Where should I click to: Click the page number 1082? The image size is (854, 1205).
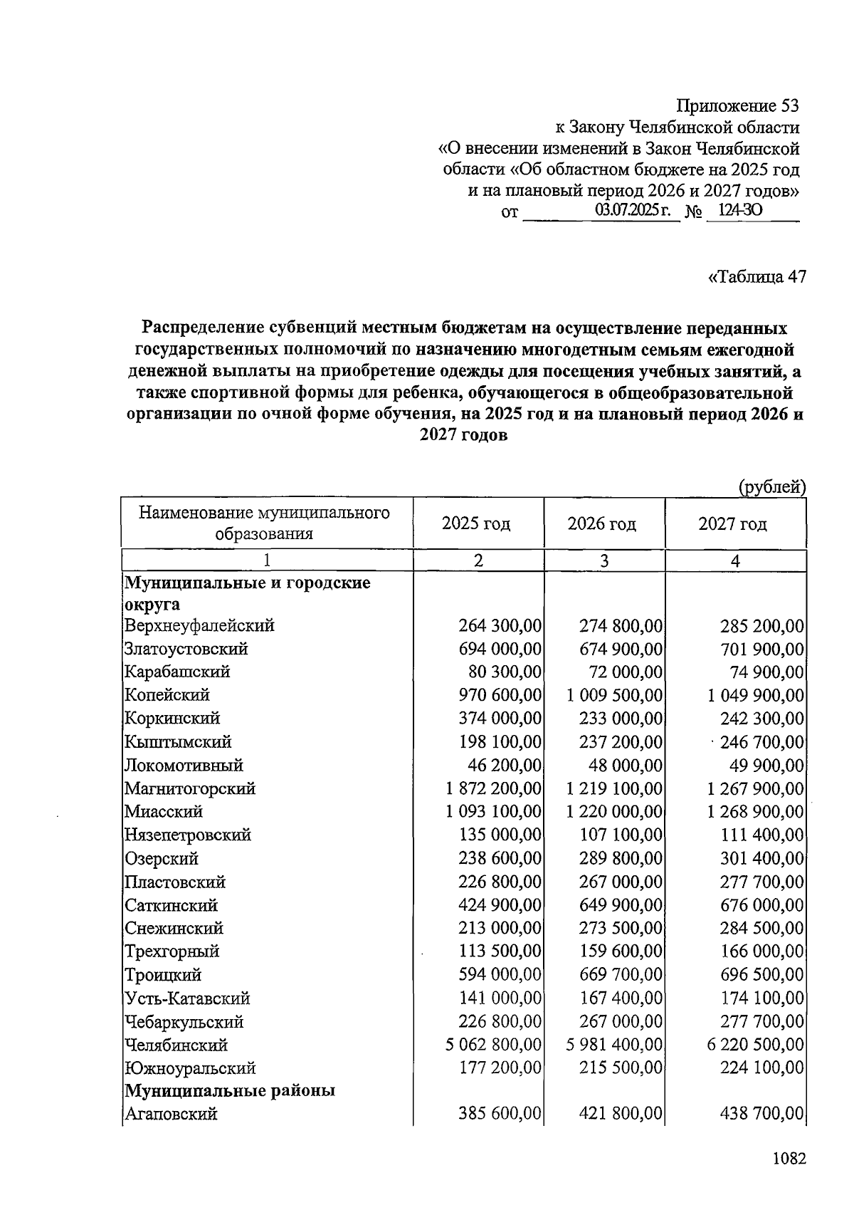pos(789,1159)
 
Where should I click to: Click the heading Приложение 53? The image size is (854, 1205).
pos(737,106)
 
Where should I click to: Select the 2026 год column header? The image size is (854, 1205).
pos(602,524)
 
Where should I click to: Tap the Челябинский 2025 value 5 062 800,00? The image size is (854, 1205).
pos(494,1045)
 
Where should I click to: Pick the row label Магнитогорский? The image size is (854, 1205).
pos(190,789)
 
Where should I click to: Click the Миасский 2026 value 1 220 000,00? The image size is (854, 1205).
pos(615,812)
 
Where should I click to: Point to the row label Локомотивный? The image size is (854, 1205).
pos(184,766)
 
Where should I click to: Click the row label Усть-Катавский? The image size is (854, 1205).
pos(188,998)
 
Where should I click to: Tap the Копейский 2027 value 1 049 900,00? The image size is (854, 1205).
pos(756,696)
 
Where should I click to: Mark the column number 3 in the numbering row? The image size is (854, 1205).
pos(604,561)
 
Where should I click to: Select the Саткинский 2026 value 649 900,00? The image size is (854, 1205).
pos(621,906)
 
